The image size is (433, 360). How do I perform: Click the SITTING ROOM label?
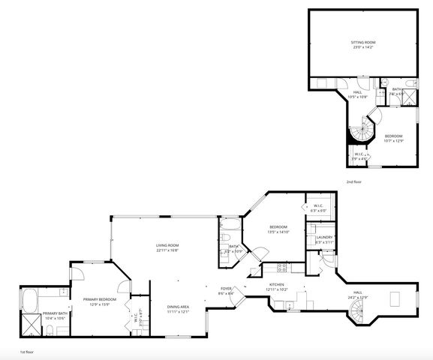click(363, 43)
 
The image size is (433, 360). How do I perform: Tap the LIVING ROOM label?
click(167, 245)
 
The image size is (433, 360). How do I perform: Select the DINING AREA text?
click(178, 307)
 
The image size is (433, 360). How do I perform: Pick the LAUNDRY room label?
click(324, 237)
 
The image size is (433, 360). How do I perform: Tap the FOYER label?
click(226, 289)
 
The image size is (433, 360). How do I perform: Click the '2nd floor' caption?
click(354, 182)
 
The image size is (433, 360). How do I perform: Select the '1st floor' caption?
click(27, 351)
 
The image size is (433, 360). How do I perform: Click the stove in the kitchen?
click(283, 267)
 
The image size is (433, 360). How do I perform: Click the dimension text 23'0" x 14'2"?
click(363, 49)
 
